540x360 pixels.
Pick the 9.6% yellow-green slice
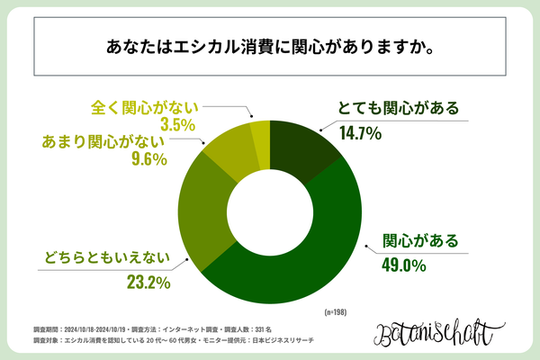(229, 155)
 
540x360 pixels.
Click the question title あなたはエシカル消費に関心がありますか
(270, 46)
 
